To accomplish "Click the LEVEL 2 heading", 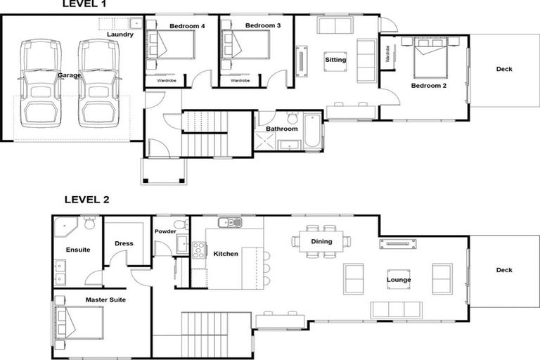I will coord(86,199).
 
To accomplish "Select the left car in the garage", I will coord(39,83).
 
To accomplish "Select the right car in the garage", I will coord(98,83).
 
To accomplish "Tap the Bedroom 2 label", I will coord(428,86).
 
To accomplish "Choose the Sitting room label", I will coord(335,60).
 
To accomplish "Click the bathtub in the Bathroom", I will coord(311,131).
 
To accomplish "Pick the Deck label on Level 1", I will coord(504,69).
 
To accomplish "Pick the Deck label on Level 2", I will coord(504,270).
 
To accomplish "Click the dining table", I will coord(321,241).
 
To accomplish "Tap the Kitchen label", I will coord(226,254).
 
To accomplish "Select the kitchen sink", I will coord(230,223).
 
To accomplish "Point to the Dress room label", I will coord(124,243).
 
